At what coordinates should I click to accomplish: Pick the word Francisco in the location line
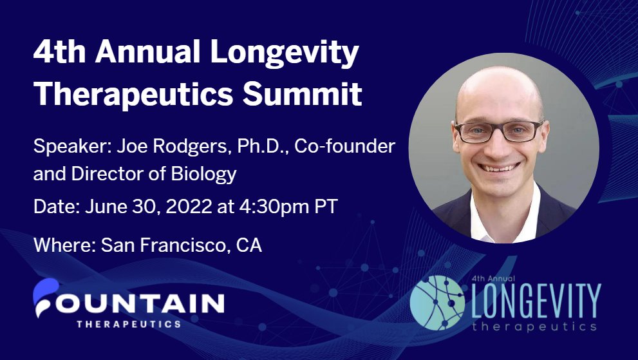point(177,245)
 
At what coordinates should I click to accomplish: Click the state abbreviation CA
point(249,245)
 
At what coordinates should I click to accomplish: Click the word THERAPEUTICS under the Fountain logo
point(129,323)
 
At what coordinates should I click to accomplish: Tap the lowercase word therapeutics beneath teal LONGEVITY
point(533,326)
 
